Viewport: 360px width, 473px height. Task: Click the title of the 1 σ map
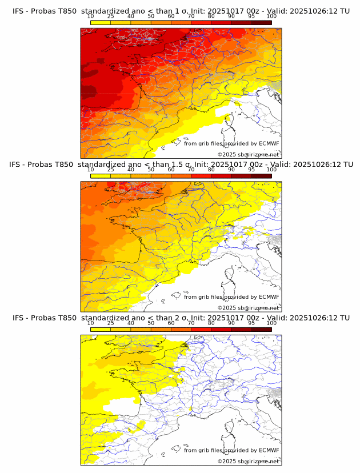coord(181,11)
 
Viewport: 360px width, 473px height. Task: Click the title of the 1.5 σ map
coord(181,165)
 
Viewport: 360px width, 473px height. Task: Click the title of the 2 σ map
coord(181,318)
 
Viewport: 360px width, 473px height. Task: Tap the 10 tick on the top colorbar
coord(91,16)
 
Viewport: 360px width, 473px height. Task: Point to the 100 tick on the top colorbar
coord(271,16)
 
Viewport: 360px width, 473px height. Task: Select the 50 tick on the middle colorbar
coord(151,170)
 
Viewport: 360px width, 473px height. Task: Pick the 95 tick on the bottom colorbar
coord(251,323)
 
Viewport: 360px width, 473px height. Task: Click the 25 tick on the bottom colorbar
coord(111,323)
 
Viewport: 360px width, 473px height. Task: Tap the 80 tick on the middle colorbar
coord(211,170)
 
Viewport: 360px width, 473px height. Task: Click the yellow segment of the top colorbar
coord(101,22)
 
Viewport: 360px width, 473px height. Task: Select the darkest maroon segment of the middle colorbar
coord(261,176)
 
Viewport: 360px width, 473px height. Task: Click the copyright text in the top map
coord(248,155)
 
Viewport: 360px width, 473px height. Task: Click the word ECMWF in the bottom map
coord(269,450)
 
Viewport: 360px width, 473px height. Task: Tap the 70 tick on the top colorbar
coord(191,16)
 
